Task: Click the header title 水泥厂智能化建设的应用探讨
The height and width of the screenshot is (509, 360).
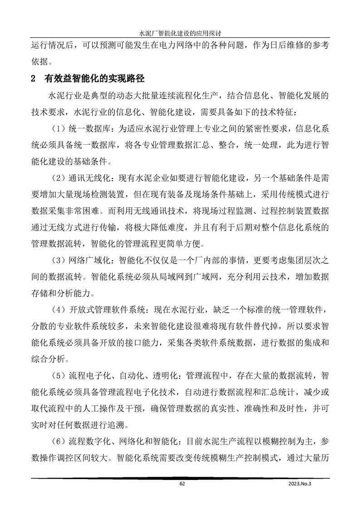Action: [x=180, y=33]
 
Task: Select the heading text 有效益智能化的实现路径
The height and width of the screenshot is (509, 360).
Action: [x=94, y=78]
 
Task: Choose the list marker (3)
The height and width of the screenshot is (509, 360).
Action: [x=58, y=260]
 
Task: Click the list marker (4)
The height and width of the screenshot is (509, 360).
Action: [x=58, y=310]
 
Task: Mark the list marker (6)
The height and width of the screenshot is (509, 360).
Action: [x=58, y=440]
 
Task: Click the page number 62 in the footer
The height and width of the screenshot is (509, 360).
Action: [x=182, y=484]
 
